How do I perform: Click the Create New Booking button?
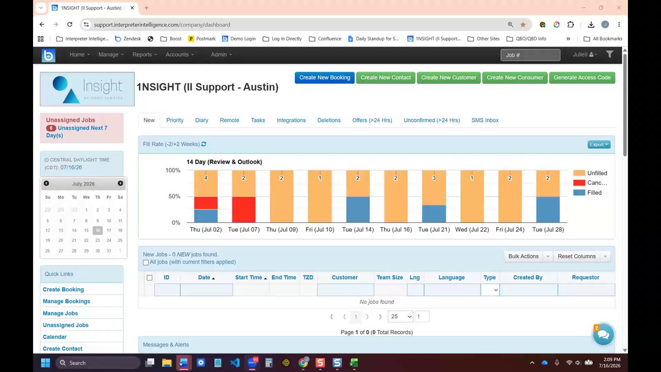[x=324, y=78]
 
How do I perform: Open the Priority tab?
[x=175, y=120]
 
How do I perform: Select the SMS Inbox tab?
[x=485, y=120]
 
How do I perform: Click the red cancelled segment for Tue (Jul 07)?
[x=243, y=209]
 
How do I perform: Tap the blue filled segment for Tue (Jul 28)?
[x=548, y=209]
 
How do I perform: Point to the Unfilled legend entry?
[x=590, y=173]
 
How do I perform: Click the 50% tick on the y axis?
[x=174, y=196]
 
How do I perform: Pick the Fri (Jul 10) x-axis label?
[x=320, y=229]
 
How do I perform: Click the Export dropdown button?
[x=599, y=144]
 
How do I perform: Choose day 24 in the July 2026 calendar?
[x=108, y=240]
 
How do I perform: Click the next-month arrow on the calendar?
[x=120, y=183]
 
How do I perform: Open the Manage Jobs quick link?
[x=60, y=313]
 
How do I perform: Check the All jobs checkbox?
[x=146, y=262]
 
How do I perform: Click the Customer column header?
[x=344, y=277]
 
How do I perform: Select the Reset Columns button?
[x=577, y=256]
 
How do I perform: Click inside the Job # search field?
[x=530, y=55]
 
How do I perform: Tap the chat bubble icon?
[x=603, y=334]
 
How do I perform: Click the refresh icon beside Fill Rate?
[x=203, y=144]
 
